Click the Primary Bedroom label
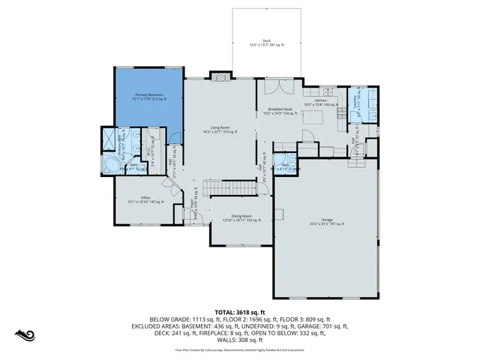pyautogui.click(x=149, y=97)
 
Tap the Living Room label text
pyautogui.click(x=220, y=130)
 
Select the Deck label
pyautogui.click(x=265, y=43)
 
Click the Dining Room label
pyautogui.click(x=241, y=218)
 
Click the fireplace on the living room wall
pyautogui.click(x=218, y=76)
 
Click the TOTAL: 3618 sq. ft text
pyautogui.click(x=240, y=311)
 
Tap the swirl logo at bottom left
pyautogui.click(x=25, y=334)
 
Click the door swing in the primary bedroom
pyautogui.click(x=175, y=137)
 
